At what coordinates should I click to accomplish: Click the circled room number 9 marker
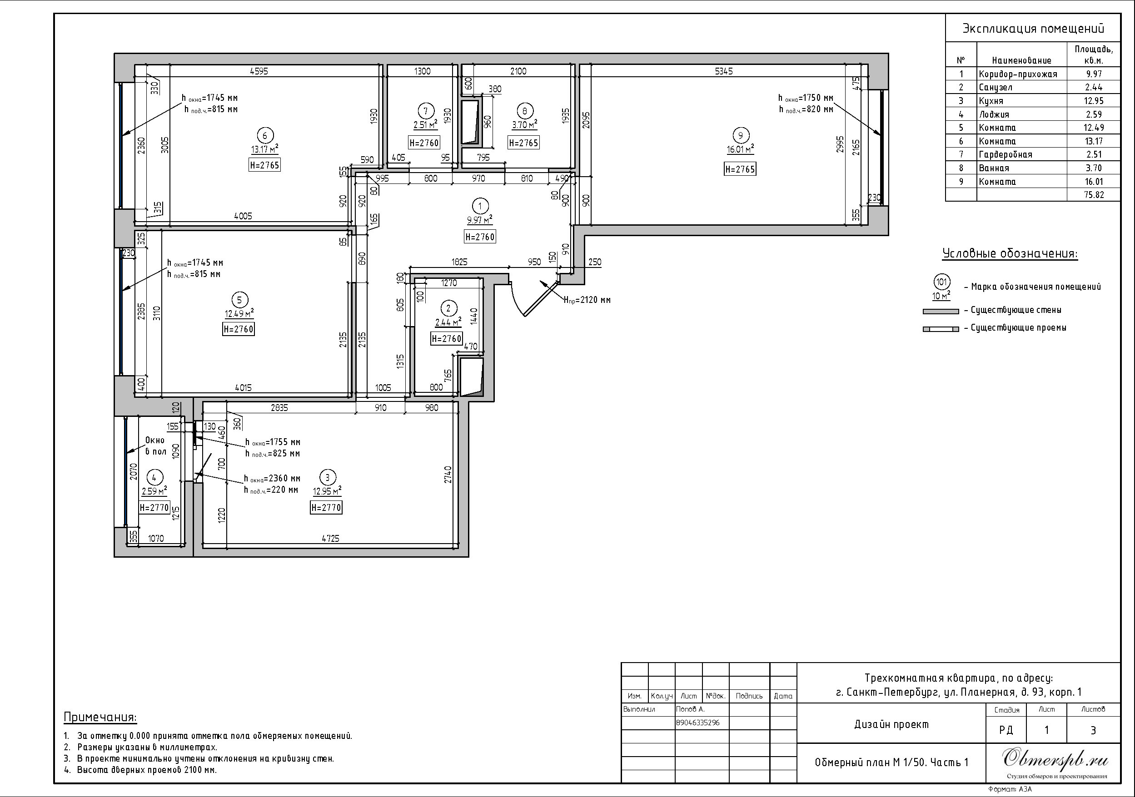(740, 135)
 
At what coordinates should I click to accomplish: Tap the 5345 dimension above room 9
(724, 71)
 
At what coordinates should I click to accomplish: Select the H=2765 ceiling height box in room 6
(264, 165)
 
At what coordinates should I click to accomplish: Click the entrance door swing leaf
(541, 299)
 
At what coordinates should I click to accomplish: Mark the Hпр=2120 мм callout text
(587, 299)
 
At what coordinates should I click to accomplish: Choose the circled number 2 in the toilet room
(448, 309)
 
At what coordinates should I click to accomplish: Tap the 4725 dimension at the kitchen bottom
(331, 539)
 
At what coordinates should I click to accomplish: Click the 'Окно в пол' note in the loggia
(155, 446)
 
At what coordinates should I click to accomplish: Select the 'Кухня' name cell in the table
(991, 101)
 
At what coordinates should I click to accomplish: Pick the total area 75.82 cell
(1094, 195)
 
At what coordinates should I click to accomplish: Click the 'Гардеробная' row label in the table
(1006, 155)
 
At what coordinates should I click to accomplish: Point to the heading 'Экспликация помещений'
(1033, 28)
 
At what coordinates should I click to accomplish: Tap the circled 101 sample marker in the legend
(942, 282)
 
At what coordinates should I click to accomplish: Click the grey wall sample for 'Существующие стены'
(941, 311)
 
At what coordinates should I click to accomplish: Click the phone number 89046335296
(697, 723)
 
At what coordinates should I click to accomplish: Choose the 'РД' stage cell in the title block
(1006, 730)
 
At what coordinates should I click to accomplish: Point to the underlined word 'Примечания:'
(100, 717)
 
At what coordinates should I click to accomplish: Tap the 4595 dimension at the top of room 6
(259, 71)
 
